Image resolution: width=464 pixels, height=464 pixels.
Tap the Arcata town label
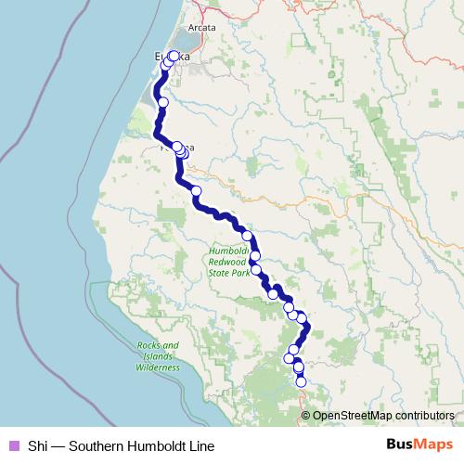pyautogui.click(x=201, y=28)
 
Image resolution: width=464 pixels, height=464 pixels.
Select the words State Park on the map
pyautogui.click(x=229, y=274)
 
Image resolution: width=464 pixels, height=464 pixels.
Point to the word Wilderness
pyautogui.click(x=157, y=367)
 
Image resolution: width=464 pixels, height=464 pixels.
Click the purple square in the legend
pyautogui.click(x=13, y=445)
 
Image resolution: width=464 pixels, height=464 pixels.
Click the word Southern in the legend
pyautogui.click(x=96, y=445)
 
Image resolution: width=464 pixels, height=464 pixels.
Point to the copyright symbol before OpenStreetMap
pyautogui.click(x=306, y=416)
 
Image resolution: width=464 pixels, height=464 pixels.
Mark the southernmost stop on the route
pyautogui.click(x=301, y=381)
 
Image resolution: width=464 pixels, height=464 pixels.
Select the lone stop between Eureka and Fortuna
pyautogui.click(x=163, y=102)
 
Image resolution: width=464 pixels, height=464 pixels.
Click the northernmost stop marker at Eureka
pyautogui.click(x=174, y=56)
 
